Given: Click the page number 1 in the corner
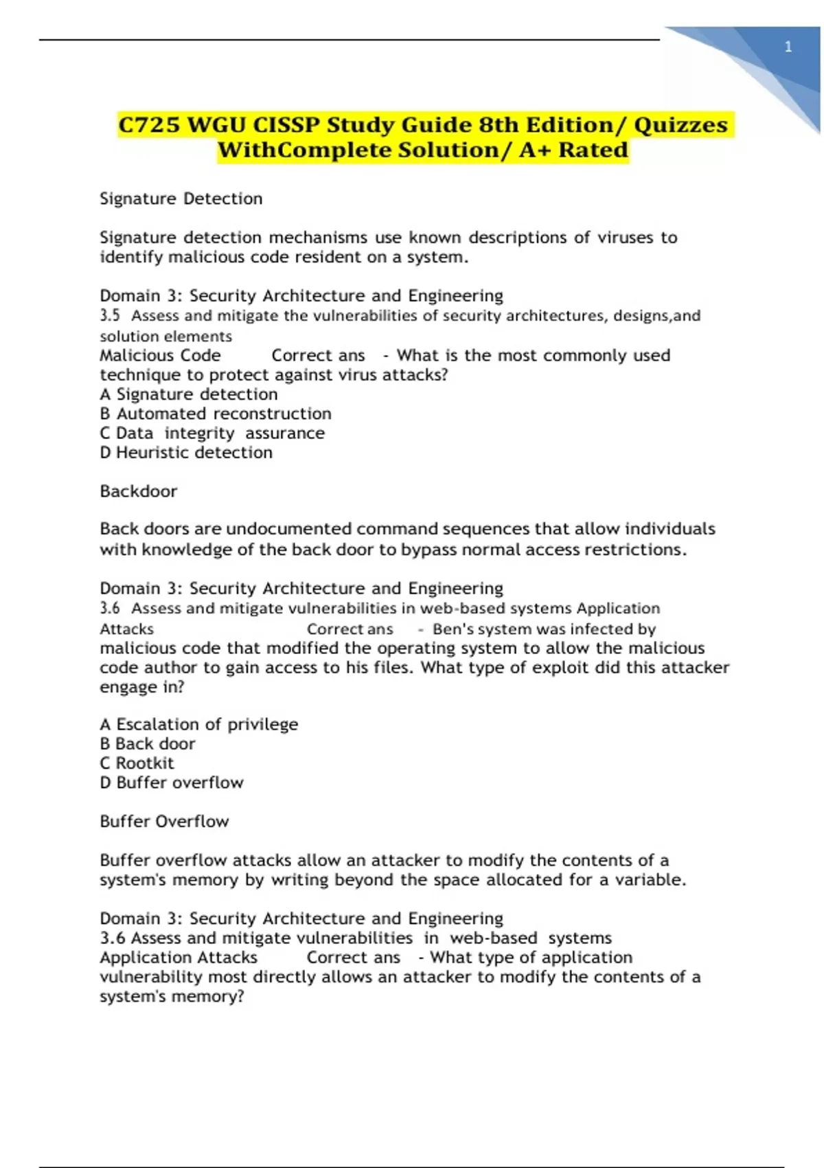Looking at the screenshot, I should [x=788, y=47].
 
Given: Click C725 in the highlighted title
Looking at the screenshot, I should [x=149, y=126].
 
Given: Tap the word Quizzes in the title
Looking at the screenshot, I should [x=680, y=126].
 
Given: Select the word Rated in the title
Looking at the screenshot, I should [x=593, y=150].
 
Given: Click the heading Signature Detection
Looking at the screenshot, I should [x=181, y=199].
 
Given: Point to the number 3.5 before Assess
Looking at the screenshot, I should [x=110, y=316].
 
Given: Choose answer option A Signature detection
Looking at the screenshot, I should [x=189, y=394].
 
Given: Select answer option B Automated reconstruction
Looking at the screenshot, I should [x=216, y=414].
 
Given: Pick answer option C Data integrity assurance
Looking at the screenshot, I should [x=212, y=434].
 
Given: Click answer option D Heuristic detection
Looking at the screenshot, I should [x=186, y=453].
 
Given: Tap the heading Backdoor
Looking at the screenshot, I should [x=139, y=491].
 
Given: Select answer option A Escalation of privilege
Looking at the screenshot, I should [x=199, y=724].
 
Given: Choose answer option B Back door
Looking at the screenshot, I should [x=148, y=744].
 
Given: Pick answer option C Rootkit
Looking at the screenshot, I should [x=137, y=763].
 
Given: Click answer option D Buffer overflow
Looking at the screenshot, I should [x=172, y=783].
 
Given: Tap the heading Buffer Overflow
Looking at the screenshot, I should [x=164, y=822].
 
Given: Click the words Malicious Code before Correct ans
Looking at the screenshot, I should [x=161, y=356].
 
